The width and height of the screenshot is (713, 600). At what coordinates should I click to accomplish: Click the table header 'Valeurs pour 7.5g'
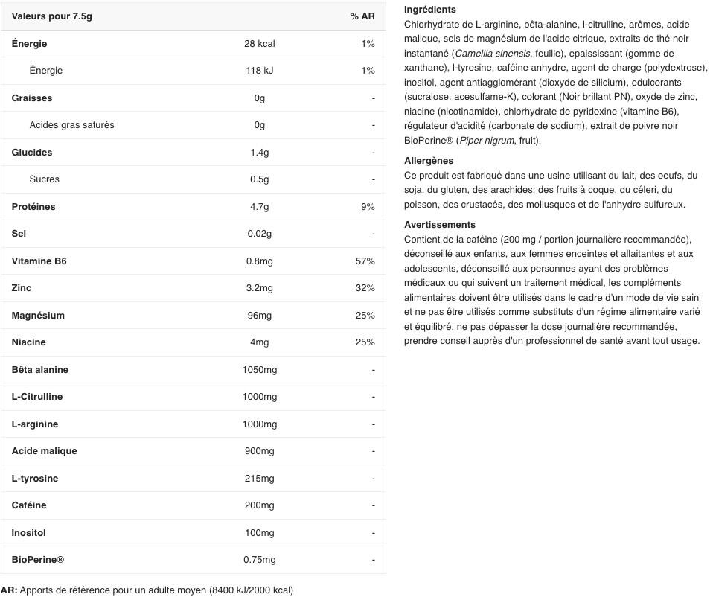(x=52, y=16)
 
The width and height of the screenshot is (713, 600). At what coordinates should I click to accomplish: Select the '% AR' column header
(x=362, y=16)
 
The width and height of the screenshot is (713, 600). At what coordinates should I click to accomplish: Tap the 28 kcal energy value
(x=259, y=44)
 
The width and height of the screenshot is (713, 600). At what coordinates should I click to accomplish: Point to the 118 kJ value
(x=259, y=71)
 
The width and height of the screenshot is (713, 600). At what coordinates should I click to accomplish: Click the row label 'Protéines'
(x=33, y=207)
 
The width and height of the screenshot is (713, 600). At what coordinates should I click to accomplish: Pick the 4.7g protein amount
(x=259, y=207)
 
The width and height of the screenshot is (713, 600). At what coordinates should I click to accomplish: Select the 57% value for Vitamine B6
(x=365, y=261)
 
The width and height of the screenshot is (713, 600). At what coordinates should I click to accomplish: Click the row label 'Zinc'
(x=22, y=288)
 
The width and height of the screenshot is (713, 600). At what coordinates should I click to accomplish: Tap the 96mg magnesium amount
(x=259, y=316)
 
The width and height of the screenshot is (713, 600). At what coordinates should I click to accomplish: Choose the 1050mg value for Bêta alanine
(x=259, y=370)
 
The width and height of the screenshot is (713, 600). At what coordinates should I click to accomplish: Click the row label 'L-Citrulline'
(x=37, y=397)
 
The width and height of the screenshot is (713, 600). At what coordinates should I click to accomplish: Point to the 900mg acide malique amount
(x=259, y=451)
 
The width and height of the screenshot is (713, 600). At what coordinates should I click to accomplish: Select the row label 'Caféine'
(x=29, y=505)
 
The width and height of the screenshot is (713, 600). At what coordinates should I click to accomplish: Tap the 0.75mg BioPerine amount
(x=259, y=560)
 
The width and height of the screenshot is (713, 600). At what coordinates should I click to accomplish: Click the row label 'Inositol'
(x=29, y=533)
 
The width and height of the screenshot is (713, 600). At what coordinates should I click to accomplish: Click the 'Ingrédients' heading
(x=430, y=10)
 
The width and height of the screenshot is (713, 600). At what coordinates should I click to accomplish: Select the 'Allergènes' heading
(x=429, y=161)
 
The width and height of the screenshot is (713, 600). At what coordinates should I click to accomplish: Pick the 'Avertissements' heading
(x=440, y=225)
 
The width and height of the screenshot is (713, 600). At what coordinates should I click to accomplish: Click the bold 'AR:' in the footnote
(x=9, y=590)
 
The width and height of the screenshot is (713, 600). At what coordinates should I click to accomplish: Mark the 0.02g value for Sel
(x=259, y=234)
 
